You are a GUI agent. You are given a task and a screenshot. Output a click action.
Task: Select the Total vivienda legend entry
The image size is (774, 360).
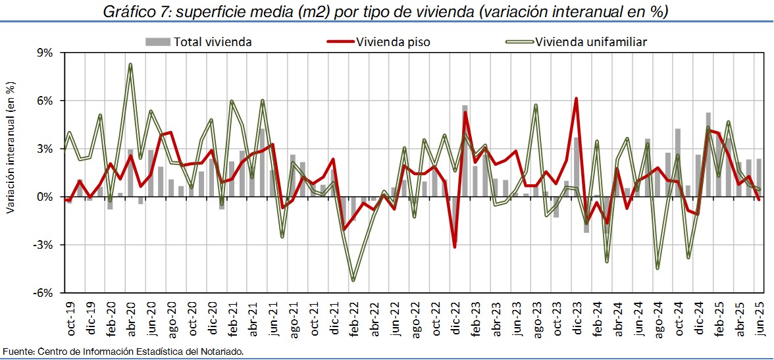click(x=199, y=42)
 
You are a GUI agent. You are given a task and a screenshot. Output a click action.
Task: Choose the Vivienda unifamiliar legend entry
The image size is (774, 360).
click(x=576, y=42)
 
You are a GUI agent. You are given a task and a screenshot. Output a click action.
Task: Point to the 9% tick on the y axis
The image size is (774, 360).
click(x=45, y=53)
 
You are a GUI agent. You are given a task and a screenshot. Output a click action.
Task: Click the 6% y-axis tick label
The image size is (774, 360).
click(x=45, y=101)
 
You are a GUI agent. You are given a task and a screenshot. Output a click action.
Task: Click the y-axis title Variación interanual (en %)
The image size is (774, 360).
click(x=11, y=147)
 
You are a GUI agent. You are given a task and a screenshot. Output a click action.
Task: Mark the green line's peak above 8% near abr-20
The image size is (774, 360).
click(x=130, y=64)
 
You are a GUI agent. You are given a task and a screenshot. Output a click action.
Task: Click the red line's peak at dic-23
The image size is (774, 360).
click(x=576, y=99)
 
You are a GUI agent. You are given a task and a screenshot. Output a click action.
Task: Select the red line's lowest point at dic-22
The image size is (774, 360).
click(x=454, y=247)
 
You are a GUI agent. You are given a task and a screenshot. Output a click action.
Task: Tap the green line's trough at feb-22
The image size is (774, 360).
click(x=353, y=280)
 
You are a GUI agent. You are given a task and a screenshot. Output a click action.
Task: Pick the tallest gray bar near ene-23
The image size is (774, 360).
click(x=465, y=107)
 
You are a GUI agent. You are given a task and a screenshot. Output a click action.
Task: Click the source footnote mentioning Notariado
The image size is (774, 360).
click(x=123, y=351)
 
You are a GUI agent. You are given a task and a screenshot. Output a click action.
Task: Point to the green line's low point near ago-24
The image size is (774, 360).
click(x=658, y=268)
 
